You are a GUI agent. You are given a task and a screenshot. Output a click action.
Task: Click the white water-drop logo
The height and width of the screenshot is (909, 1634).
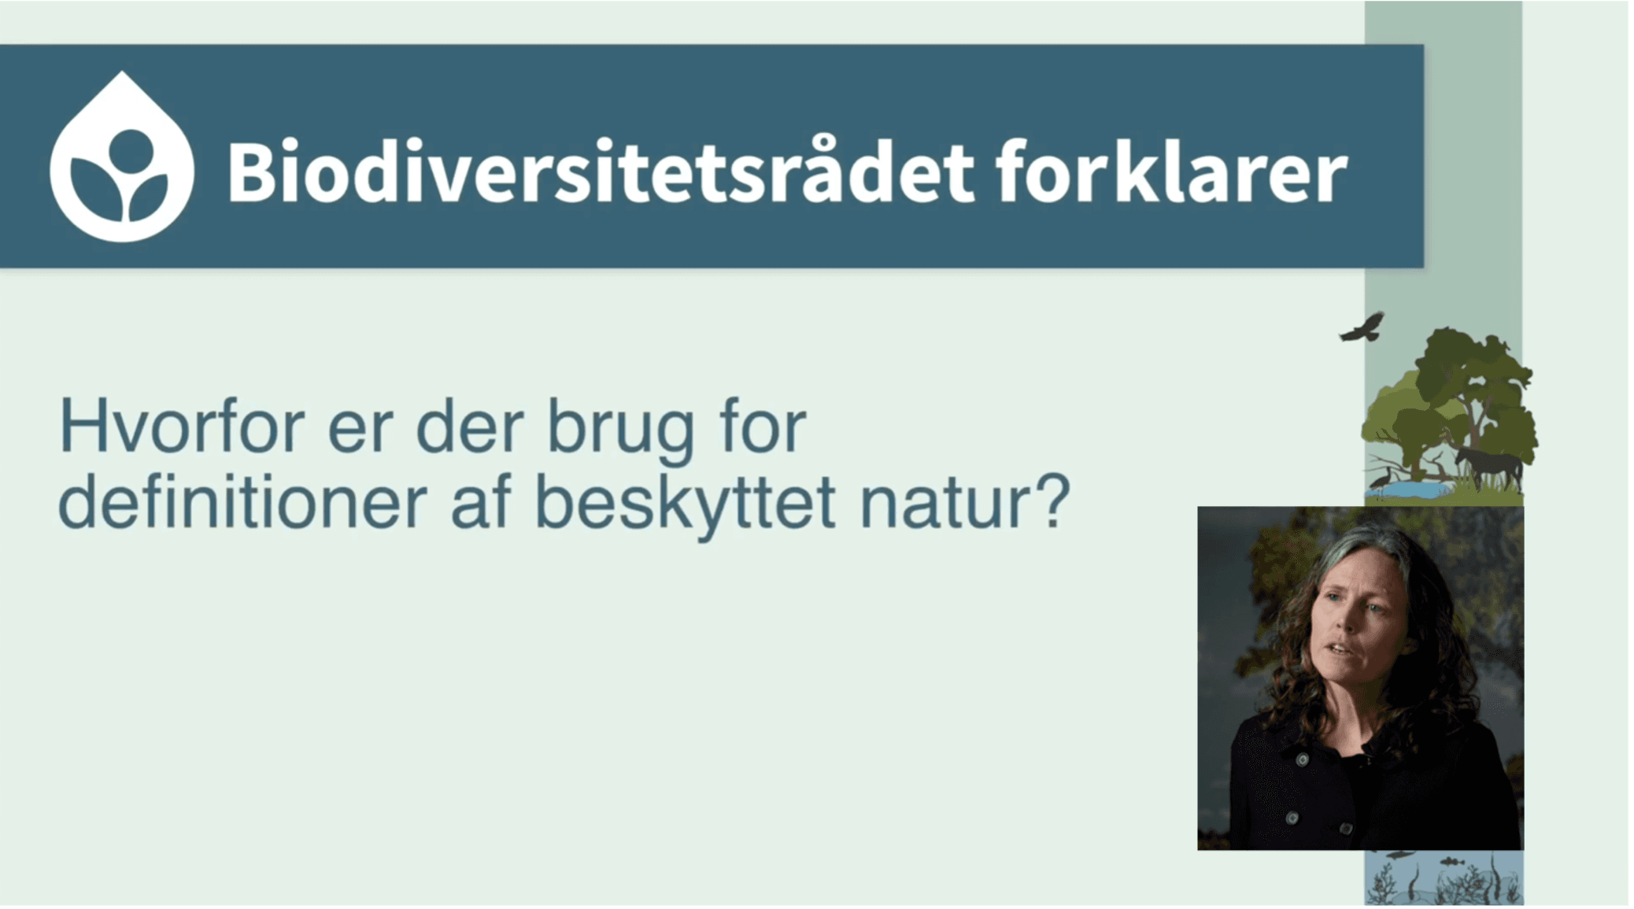coord(121,157)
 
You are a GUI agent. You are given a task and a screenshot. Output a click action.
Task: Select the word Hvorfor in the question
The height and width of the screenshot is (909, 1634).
coord(182,427)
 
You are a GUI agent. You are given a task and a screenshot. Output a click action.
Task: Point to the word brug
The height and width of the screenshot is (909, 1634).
coord(621,431)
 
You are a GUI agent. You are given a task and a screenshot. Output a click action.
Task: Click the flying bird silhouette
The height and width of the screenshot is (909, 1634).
coord(1362,327)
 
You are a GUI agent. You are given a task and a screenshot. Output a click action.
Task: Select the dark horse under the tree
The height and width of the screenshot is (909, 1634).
coord(1487,465)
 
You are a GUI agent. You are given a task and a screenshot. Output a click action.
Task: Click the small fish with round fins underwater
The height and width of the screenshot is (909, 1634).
coord(1452,862)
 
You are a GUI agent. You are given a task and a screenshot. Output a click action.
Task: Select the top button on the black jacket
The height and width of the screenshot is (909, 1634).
coord(1303,759)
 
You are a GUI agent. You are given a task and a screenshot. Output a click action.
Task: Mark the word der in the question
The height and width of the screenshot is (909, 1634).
coord(469,427)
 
